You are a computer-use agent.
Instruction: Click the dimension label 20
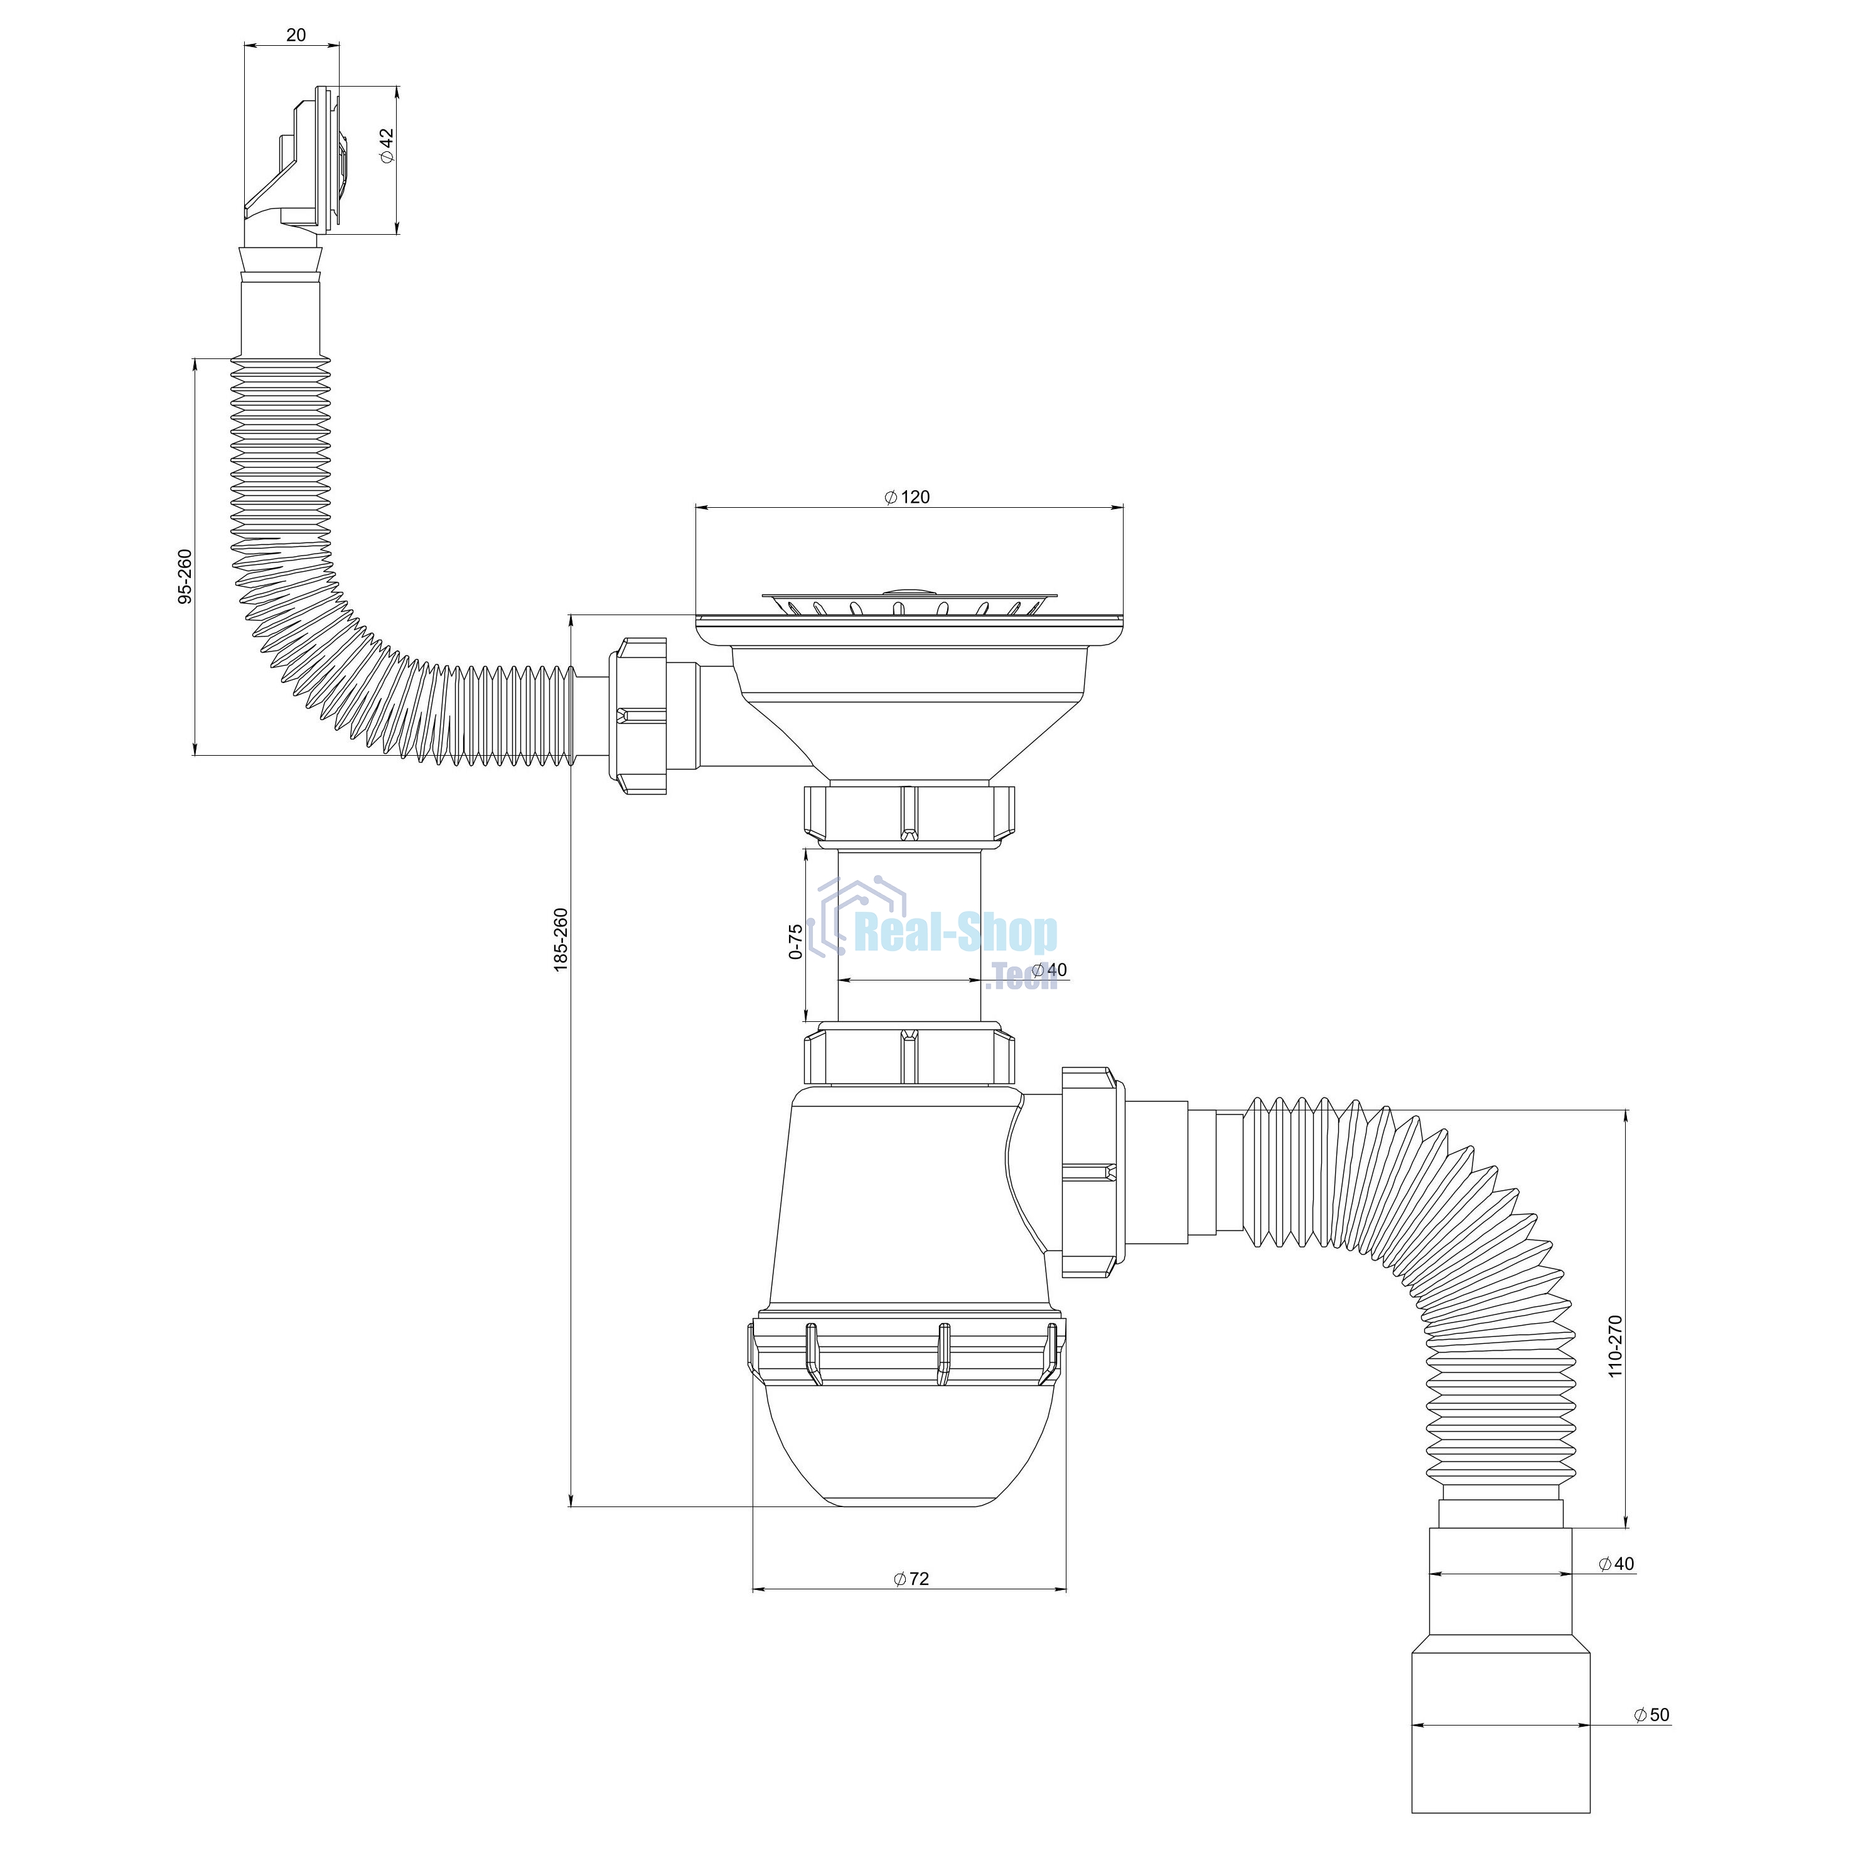[296, 35]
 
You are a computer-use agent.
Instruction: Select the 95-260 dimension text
[185, 577]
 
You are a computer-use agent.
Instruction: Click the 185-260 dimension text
[561, 940]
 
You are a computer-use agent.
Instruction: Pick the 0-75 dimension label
[795, 941]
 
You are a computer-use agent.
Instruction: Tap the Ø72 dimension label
[911, 1579]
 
